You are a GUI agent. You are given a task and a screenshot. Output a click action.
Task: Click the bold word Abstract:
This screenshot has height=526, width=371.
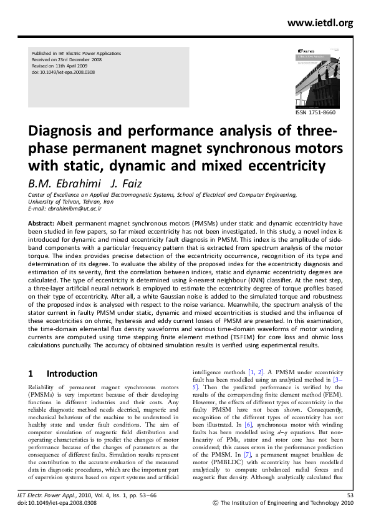[x=42, y=222]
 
